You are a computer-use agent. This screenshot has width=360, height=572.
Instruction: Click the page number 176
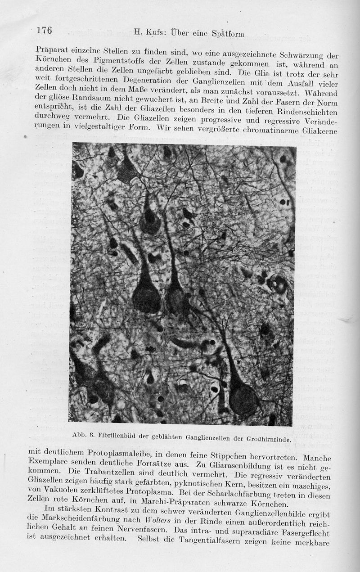(45, 31)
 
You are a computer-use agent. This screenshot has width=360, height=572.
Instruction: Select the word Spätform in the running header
(228, 33)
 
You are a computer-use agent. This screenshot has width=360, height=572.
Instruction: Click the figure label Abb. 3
(81, 434)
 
